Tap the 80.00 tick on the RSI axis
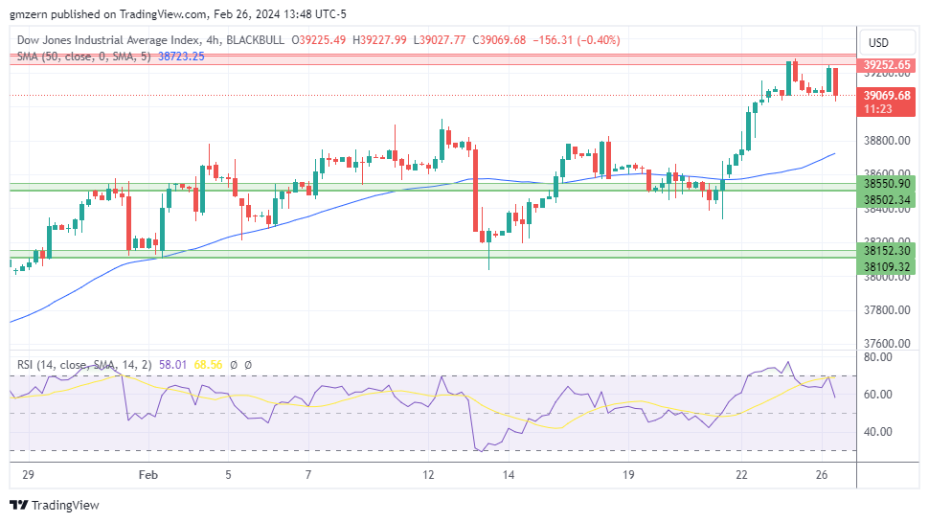(878, 357)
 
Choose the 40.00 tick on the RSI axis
(878, 432)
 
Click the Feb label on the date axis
(147, 474)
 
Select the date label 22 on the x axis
(741, 474)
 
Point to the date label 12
(428, 474)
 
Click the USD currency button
(877, 42)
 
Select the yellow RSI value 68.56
(208, 365)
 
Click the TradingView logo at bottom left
(55, 505)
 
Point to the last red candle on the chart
(836, 83)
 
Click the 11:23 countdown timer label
(877, 109)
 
